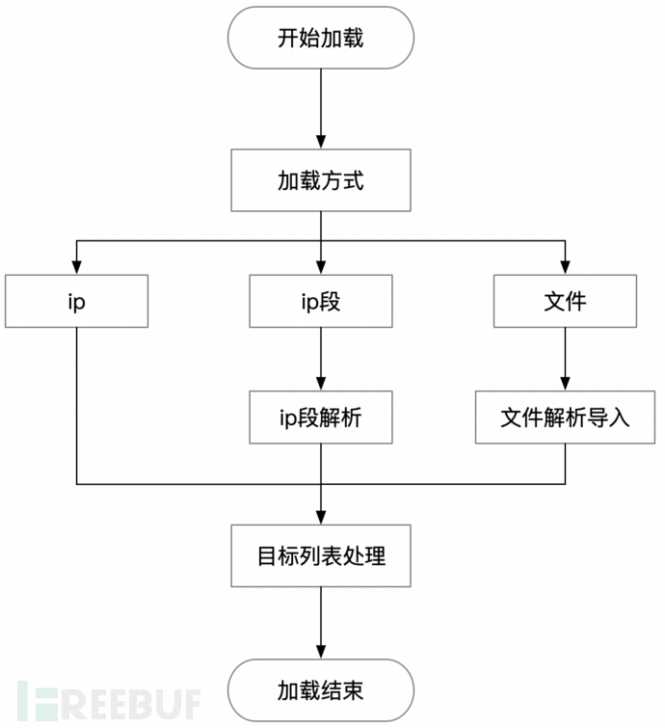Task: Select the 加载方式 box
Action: pos(320,181)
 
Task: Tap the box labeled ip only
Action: pos(76,302)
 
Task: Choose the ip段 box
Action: pos(320,302)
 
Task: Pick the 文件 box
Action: pos(565,302)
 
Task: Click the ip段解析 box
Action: pos(320,417)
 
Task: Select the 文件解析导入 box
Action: pos(565,417)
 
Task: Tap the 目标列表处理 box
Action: pos(320,555)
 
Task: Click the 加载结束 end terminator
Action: pos(320,689)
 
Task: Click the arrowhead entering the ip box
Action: pos(76,268)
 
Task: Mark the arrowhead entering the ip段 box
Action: pos(320,268)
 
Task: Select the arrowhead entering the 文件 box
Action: pos(565,268)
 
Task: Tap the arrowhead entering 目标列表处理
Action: pos(320,517)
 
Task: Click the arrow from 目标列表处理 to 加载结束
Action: pos(320,623)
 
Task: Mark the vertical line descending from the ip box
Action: pos(76,405)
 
